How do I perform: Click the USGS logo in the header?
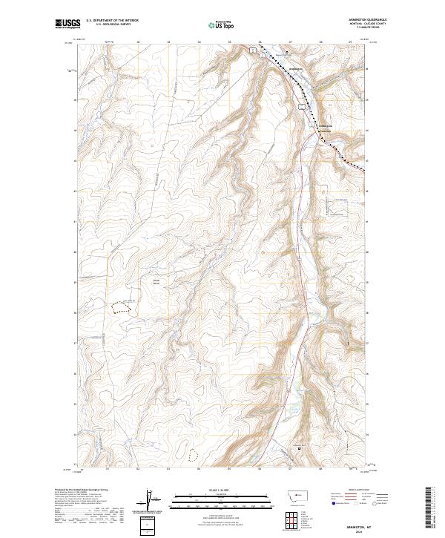(x=67, y=24)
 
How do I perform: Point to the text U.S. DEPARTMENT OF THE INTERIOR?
(x=112, y=21)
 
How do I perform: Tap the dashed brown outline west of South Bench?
(x=121, y=306)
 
